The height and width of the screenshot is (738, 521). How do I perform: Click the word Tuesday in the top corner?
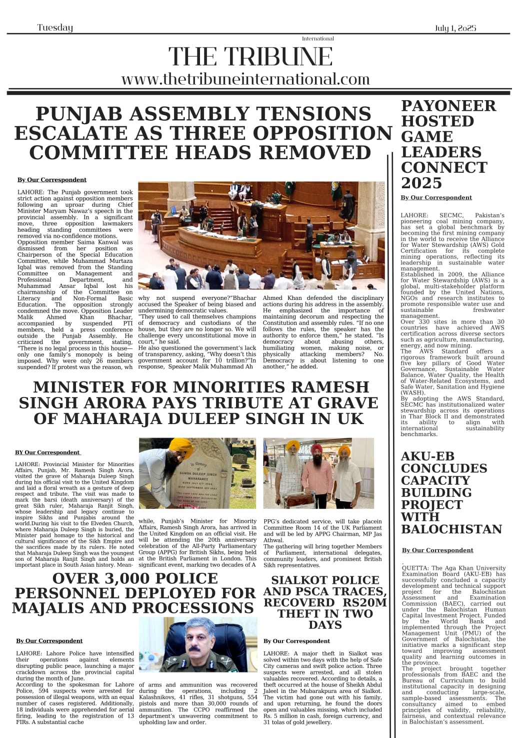click(55, 28)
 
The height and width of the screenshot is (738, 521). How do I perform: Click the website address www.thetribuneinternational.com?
click(245, 79)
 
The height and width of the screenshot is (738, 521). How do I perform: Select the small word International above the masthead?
click(317, 39)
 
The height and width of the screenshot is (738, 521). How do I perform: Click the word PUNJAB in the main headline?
click(78, 114)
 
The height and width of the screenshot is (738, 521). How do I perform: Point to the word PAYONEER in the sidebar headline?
click(448, 106)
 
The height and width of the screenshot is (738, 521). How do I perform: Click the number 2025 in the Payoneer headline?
click(421, 183)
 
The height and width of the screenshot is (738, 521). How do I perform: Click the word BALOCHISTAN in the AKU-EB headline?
click(451, 529)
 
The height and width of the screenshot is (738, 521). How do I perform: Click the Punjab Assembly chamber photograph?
click(261, 235)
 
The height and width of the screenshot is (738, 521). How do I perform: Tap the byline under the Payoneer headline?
click(436, 198)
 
